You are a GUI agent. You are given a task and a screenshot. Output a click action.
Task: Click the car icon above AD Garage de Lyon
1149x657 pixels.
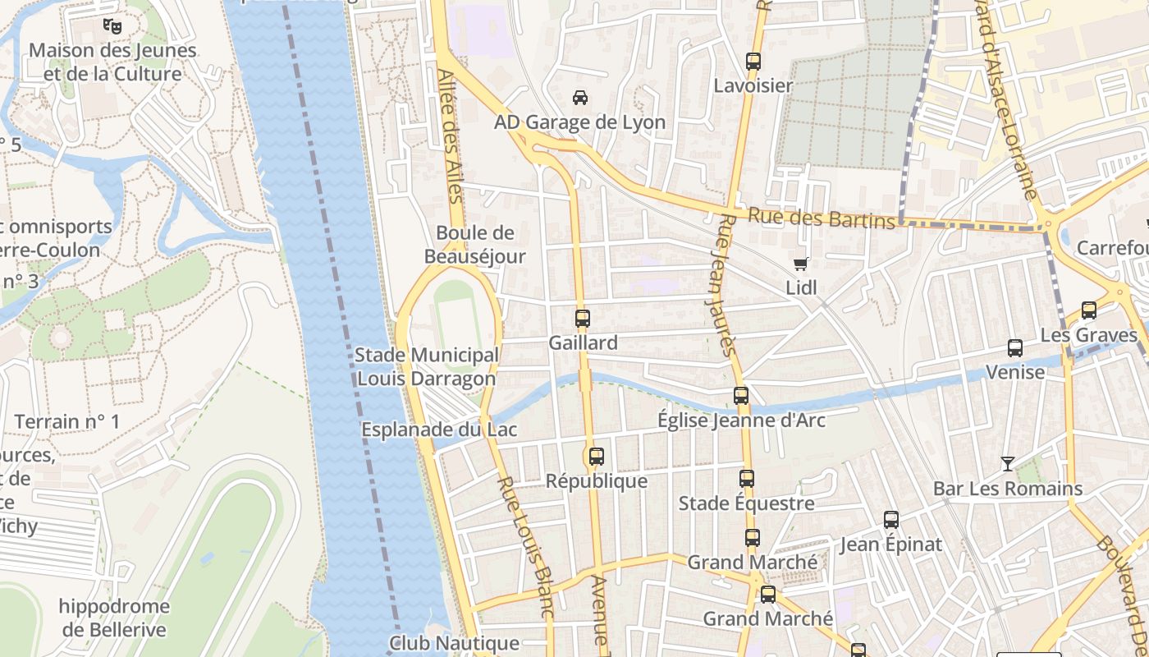pos(580,98)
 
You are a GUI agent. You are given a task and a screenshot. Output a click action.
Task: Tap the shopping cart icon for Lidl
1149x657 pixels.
pos(800,264)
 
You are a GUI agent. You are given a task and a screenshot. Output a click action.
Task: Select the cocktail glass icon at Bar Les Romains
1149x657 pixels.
pos(1008,464)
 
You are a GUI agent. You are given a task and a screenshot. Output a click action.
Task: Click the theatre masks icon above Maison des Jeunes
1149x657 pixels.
pos(112,26)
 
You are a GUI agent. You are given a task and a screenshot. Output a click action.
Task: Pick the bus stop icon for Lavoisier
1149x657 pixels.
pos(753,62)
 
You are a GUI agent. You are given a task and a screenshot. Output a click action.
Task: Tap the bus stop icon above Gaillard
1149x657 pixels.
pos(583,319)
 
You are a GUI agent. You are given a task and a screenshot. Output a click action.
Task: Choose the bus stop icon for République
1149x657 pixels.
pos(597,457)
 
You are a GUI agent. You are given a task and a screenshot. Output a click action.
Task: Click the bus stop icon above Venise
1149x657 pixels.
pos(1015,348)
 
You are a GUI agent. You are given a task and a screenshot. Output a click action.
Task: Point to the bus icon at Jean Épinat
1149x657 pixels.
pos(891,520)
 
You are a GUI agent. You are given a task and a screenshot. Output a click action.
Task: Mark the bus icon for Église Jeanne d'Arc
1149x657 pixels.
pos(741,396)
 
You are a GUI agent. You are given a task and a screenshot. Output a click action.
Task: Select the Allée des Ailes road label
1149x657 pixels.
pos(451,136)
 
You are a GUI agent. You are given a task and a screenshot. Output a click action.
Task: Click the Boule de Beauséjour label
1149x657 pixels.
pos(474,245)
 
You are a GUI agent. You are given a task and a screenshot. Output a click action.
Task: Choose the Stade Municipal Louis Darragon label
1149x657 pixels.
pos(427,366)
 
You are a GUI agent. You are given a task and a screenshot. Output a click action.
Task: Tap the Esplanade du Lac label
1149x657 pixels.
pos(428,430)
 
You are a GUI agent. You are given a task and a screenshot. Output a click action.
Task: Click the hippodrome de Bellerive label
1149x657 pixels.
pos(114,618)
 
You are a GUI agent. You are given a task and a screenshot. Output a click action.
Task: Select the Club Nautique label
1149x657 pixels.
pos(454,643)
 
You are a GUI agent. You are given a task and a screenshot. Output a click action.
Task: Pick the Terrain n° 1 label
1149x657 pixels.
pos(67,422)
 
